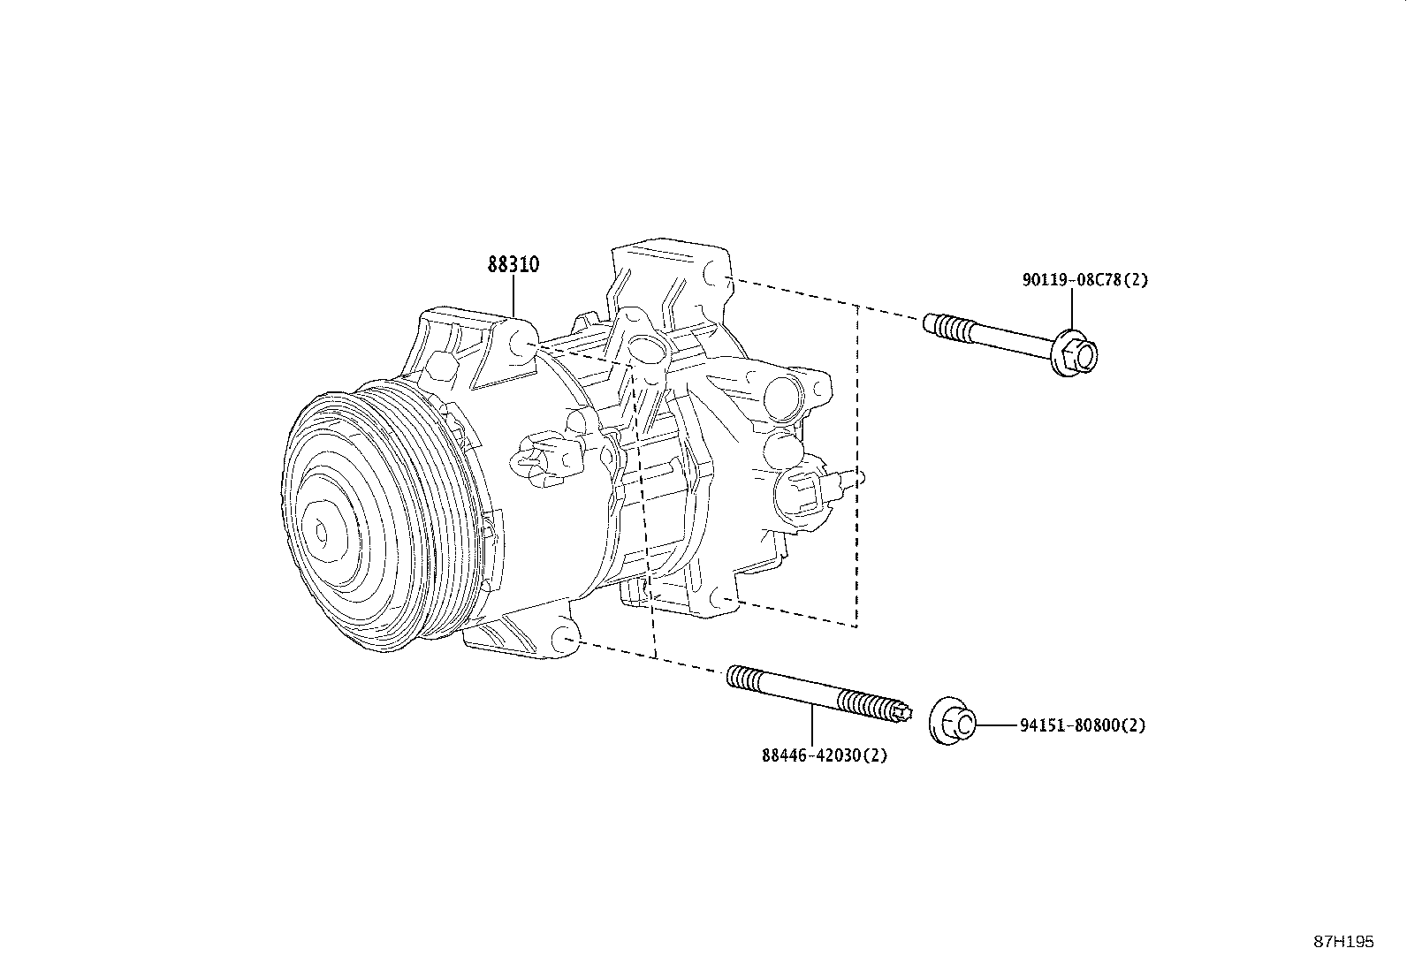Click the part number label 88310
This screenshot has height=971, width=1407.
coord(513,264)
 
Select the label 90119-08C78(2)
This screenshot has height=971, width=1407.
coord(1084,280)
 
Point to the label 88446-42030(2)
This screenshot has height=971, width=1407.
coord(824,755)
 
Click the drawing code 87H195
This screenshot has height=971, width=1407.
coord(1343,942)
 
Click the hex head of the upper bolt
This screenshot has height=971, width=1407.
coord(1079,353)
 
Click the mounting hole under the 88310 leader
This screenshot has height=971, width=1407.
coord(522,345)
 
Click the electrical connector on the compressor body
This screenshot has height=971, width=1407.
coord(549,459)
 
